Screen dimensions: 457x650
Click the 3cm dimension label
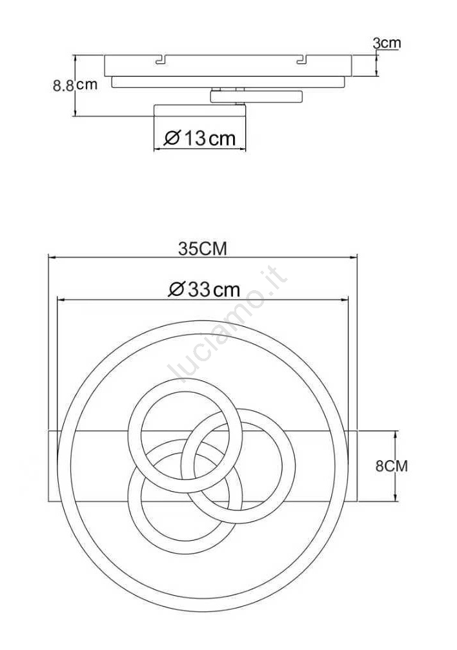387,43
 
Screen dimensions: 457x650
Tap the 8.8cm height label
75,85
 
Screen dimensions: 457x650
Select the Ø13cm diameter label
199,138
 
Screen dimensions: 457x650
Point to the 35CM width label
203,249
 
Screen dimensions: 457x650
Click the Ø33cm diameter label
204,289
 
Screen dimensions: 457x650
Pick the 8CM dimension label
392,466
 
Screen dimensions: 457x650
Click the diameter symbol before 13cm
172,138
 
